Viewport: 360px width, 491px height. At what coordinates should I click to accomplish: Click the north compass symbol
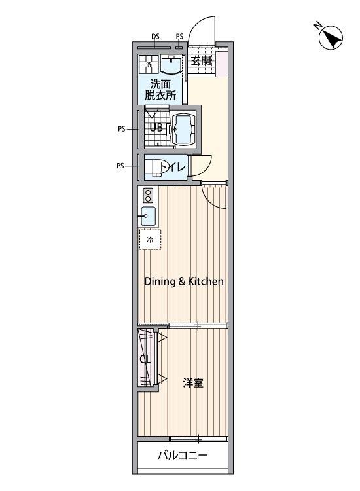[x=331, y=37]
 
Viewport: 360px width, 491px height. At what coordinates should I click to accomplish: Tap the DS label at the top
[x=155, y=36]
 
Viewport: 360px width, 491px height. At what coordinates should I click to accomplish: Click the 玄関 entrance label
[x=201, y=60]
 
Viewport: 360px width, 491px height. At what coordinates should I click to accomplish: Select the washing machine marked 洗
[x=149, y=64]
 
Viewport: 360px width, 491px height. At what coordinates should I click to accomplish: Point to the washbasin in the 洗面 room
[x=171, y=64]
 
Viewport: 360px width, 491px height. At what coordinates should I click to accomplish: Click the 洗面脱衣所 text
[x=160, y=90]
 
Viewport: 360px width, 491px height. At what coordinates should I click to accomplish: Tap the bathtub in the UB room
[x=184, y=129]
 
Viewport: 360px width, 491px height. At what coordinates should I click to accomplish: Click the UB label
[x=156, y=128]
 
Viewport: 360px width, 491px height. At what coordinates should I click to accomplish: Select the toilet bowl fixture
[x=154, y=168]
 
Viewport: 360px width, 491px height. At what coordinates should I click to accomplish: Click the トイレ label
[x=173, y=167]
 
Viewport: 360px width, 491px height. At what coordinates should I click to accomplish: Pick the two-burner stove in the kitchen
[x=148, y=195]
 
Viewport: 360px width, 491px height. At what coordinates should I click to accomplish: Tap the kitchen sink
[x=148, y=216]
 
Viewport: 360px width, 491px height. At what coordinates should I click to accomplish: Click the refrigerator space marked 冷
[x=150, y=240]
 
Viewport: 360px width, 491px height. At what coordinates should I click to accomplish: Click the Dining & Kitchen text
[x=184, y=282]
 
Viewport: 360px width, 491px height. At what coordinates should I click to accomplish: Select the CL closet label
[x=145, y=359]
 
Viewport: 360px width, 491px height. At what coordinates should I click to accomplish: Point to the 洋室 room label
[x=193, y=383]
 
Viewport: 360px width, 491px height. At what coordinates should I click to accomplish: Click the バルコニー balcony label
[x=183, y=455]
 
